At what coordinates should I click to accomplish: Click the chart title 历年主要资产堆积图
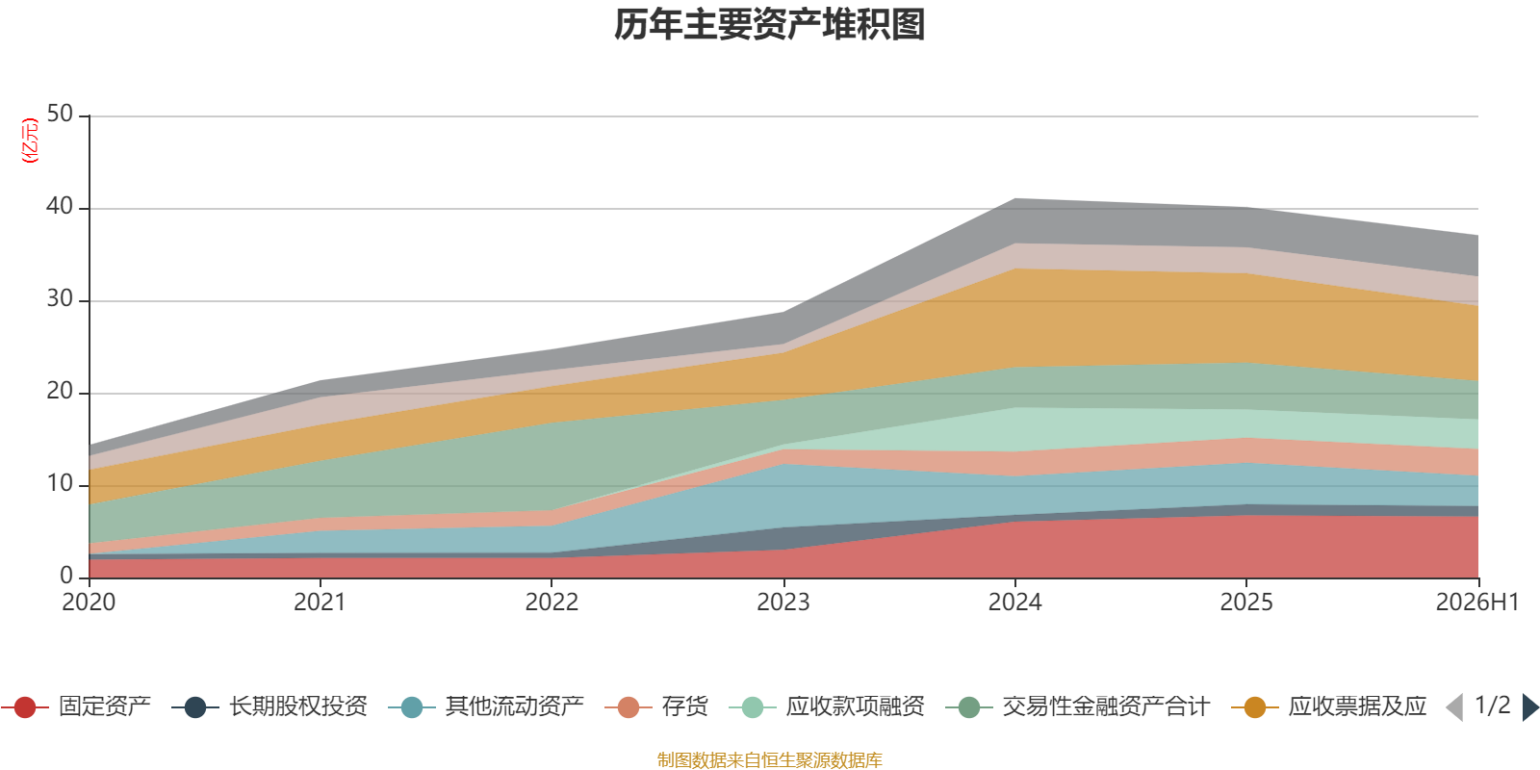coord(769,25)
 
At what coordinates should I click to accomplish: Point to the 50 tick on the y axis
coord(60,115)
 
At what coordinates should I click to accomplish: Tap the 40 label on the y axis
coord(60,206)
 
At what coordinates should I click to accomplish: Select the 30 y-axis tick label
coord(60,299)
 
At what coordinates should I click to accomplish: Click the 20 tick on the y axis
coord(60,391)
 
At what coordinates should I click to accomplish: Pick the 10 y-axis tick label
coord(60,484)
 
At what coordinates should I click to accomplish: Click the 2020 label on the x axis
coord(89,603)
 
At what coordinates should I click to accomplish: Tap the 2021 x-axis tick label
coord(320,603)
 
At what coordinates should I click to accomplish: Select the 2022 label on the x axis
coord(552,603)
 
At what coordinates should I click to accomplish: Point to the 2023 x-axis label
coord(783,603)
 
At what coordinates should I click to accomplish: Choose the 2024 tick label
coord(1014,603)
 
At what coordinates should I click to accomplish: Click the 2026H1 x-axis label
coord(1477,603)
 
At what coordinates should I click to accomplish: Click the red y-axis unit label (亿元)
coord(30,141)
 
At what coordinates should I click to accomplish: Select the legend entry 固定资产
coord(76,706)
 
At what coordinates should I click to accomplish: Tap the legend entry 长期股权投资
coord(269,706)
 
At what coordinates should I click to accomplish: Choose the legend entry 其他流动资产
coord(486,706)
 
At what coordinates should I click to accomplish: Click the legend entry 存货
coord(656,706)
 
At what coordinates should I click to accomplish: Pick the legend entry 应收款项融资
coord(827,706)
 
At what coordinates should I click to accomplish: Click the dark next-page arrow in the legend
coord(1530,707)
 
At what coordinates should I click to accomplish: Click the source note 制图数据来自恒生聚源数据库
coord(769,759)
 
